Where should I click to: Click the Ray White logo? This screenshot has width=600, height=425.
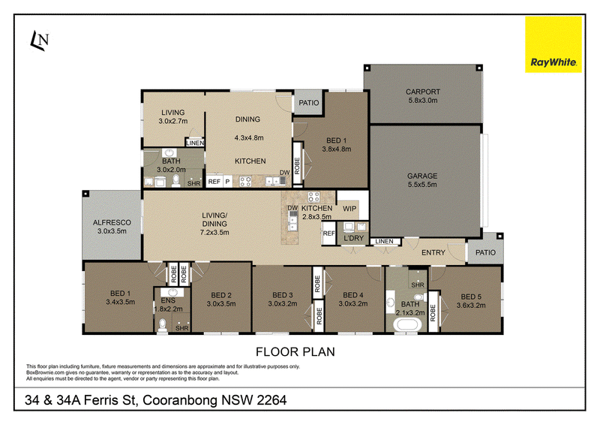[553, 44]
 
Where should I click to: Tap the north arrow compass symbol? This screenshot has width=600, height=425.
[40, 41]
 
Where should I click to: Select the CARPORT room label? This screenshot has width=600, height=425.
[423, 92]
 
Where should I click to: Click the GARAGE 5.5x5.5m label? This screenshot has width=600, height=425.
[422, 180]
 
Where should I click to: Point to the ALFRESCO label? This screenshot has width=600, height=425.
[112, 223]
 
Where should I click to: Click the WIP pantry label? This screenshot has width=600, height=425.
[349, 209]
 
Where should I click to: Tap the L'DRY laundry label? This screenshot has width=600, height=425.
[353, 238]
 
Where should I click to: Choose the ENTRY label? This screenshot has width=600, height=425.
[433, 252]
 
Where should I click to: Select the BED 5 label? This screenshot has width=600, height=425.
[471, 297]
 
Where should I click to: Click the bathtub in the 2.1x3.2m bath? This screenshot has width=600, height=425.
[407, 325]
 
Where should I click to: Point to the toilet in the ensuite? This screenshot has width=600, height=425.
[163, 324]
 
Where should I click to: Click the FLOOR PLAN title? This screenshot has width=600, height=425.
[295, 352]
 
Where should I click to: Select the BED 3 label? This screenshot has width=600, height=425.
[283, 295]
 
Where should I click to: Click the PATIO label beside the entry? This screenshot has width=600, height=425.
[485, 252]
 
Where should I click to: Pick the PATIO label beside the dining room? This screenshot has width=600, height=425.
[309, 103]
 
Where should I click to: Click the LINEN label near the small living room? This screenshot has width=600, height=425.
[195, 143]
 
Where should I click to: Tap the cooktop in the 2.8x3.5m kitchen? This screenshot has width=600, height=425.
[313, 197]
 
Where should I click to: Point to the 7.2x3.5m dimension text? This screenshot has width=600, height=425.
[214, 232]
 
